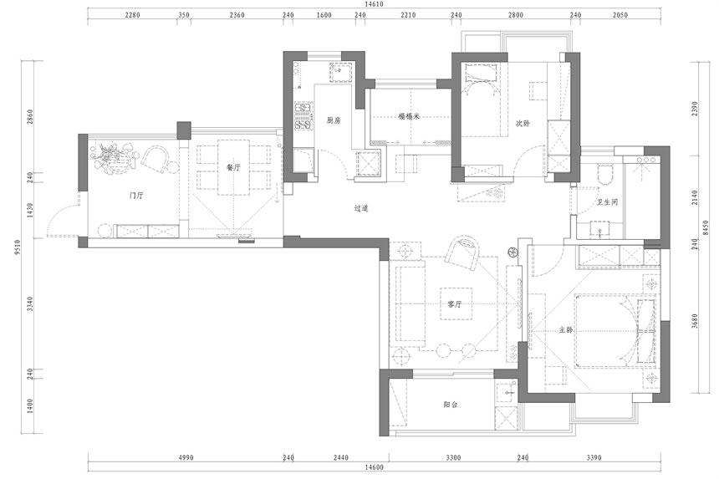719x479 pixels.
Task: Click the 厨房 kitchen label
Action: click(334, 120)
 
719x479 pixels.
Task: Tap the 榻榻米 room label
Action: click(409, 116)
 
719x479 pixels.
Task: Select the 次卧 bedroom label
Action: click(523, 123)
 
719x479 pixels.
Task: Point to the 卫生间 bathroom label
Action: click(608, 201)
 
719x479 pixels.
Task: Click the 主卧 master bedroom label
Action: click(566, 329)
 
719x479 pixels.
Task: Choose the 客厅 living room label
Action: click(455, 304)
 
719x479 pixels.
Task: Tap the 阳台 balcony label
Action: click(451, 405)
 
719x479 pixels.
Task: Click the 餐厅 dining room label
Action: click(233, 168)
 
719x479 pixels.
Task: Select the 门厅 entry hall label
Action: click(136, 196)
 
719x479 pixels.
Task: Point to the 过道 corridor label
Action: click(361, 208)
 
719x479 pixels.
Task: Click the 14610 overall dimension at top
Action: click(374, 4)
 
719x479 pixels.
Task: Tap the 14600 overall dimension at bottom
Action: click(374, 467)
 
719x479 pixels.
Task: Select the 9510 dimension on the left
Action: click(17, 247)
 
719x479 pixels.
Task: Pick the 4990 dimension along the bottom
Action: click(186, 457)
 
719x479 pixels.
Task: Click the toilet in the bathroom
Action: click(606, 173)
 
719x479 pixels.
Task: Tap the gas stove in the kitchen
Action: click(303, 116)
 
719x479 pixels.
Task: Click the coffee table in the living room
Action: click(456, 303)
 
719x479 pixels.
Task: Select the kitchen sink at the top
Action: click(341, 72)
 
